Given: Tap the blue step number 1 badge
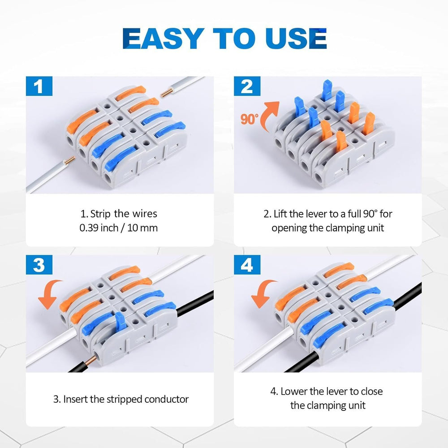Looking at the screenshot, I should coord(39,86).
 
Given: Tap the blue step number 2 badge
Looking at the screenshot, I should coord(247,86).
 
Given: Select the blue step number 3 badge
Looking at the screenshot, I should coord(39,265).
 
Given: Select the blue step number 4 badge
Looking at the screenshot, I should coord(247,265).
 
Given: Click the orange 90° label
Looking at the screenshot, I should coord(250,119).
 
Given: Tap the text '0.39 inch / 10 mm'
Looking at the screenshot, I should coord(119,228).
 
